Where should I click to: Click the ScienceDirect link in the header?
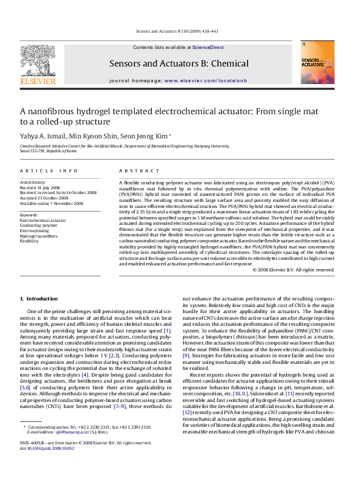[208, 47]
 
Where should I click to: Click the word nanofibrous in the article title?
[51, 111]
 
